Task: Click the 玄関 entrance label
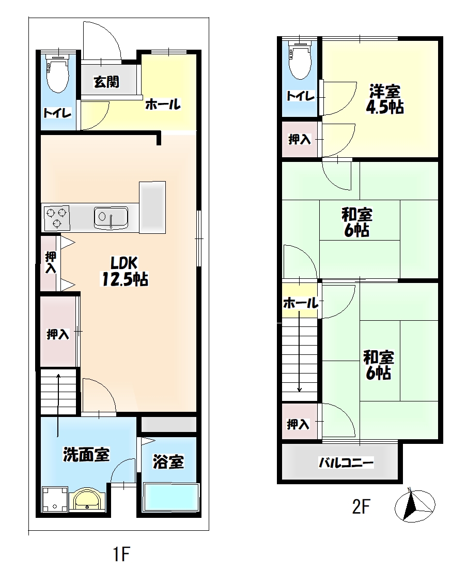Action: coord(106,82)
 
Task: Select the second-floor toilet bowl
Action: coord(300,59)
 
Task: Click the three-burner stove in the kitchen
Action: coord(57,218)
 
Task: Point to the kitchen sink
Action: coord(111,218)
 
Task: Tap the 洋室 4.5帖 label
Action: coord(385,99)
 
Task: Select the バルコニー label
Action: coord(346,462)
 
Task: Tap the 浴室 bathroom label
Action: coord(168,462)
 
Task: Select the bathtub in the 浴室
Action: coord(171,498)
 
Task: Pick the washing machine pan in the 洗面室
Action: coord(55,499)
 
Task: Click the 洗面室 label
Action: coord(86,455)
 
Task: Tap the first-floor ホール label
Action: coord(163,105)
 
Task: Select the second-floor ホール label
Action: coord(301,303)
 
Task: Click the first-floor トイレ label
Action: coord(57,113)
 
